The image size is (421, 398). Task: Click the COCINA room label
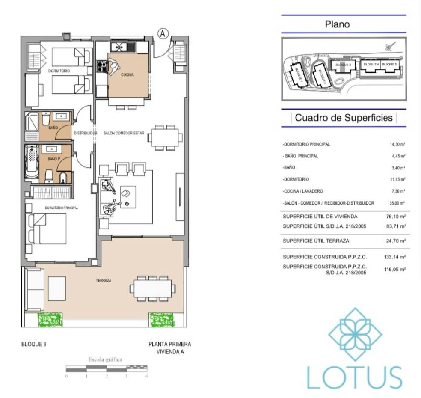click(127, 75)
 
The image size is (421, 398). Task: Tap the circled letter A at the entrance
click(163, 33)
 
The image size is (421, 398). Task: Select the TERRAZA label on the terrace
click(104, 281)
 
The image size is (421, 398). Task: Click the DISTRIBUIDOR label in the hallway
click(86, 134)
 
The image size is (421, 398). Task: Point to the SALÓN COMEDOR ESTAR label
click(124, 134)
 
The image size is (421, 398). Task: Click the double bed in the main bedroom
click(47, 229)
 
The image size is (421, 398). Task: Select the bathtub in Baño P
click(31, 162)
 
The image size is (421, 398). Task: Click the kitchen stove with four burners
click(101, 66)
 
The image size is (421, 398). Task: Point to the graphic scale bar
click(107, 368)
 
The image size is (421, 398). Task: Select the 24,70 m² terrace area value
click(397, 241)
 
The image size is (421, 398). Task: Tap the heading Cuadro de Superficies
click(344, 118)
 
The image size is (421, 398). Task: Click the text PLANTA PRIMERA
click(169, 344)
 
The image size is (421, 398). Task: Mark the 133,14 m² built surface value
click(395, 258)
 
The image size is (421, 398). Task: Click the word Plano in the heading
click(337, 24)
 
